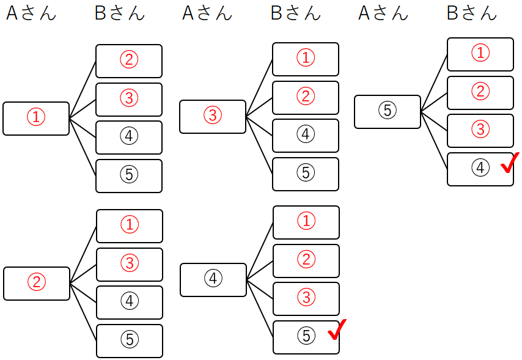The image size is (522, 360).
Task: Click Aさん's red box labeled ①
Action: pos(36,118)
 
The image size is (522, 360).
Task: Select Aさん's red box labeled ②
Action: pos(37,283)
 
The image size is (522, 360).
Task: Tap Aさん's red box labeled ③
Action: pos(212,116)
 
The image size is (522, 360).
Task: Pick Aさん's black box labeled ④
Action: pos(213,279)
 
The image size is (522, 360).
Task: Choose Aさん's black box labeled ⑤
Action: pos(388,111)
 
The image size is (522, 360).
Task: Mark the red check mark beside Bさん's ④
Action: pos(510,163)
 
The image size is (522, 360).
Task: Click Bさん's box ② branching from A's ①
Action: pos(129,61)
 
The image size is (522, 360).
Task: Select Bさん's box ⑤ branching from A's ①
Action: pos(129,175)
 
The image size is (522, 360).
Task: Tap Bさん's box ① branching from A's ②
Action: pos(130,226)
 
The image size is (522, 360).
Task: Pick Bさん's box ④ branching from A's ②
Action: pos(130,302)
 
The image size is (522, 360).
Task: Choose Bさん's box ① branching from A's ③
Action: pos(306,59)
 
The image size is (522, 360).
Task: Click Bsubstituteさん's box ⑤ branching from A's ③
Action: pos(306,174)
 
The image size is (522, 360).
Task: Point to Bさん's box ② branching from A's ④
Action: pos(306,260)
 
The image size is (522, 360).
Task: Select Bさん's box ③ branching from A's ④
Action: pos(306,298)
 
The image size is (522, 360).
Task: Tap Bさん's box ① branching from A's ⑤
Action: pos(480,54)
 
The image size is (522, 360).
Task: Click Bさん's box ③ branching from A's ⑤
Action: pos(480,130)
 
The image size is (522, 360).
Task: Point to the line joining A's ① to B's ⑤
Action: pos(83,146)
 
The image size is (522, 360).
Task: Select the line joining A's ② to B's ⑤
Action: pos(83,311)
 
